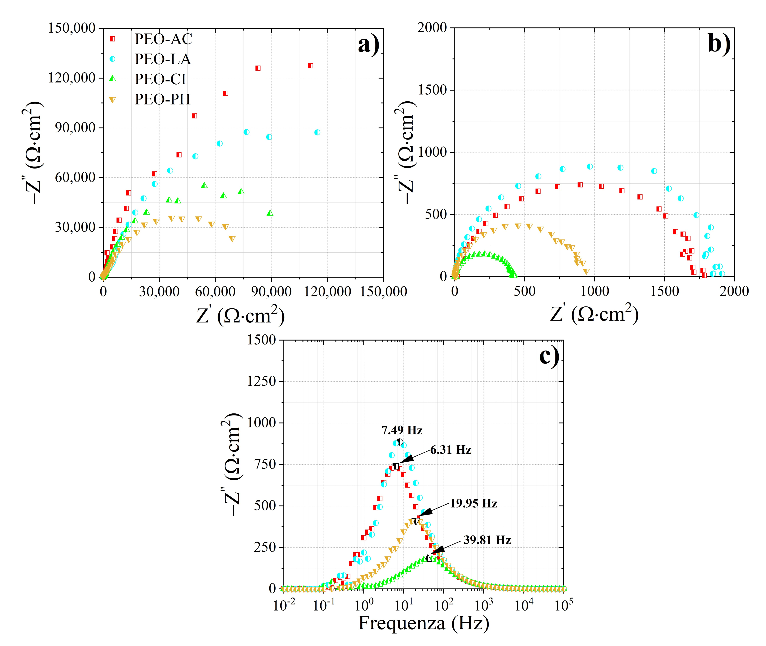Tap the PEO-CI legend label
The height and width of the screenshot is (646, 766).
point(160,79)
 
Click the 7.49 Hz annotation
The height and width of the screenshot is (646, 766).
point(402,430)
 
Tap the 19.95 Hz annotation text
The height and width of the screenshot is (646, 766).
point(473,504)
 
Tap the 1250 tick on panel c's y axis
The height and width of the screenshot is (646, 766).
point(261,381)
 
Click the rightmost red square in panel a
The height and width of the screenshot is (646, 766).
point(311,66)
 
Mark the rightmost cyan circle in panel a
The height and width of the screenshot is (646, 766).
point(317,132)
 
